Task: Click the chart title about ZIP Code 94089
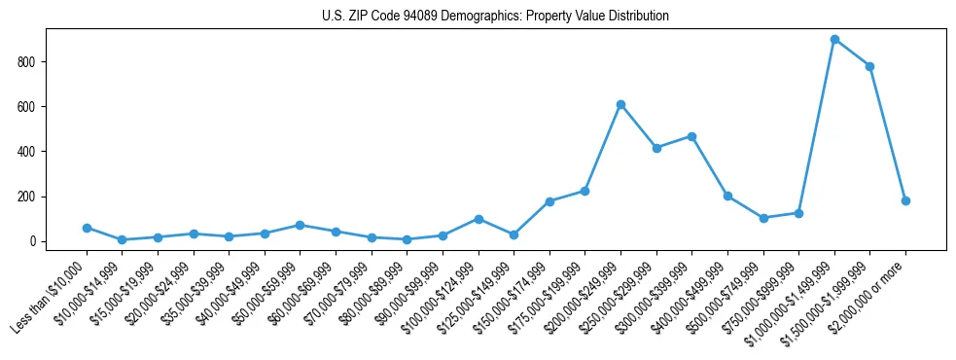coord(495,17)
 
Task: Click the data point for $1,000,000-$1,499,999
coord(834,40)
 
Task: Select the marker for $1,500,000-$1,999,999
coord(869,66)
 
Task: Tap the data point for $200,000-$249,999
coord(620,104)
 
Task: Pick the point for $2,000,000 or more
coord(905,200)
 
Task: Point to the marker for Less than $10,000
coord(87,228)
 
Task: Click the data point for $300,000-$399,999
coord(691,136)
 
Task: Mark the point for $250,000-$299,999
coord(656,148)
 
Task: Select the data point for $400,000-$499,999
coord(727,196)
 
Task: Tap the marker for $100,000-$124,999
coord(478,219)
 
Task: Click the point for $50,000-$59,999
coord(300,225)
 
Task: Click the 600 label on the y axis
coord(29,107)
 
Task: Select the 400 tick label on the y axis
coord(29,152)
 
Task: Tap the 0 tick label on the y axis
coord(34,241)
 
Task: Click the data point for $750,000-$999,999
coord(798,213)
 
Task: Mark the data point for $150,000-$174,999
coord(549,201)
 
